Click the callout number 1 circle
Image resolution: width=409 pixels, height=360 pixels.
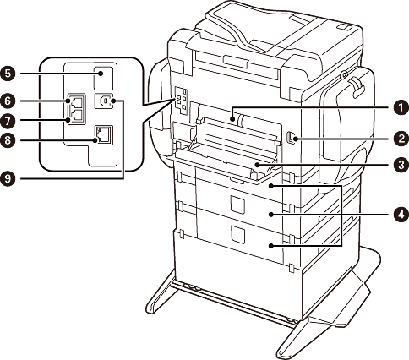pos(401,108)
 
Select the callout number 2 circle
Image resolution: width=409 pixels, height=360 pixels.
pos(401,139)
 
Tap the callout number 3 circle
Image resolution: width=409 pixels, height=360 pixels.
pos(401,165)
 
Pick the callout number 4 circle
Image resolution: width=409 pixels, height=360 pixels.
pos(401,215)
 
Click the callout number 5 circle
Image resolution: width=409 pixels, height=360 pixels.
pos(8,74)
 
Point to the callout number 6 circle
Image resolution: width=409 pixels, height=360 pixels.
pos(8,101)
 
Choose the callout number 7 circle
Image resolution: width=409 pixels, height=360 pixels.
pos(8,121)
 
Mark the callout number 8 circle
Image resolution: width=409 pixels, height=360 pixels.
pos(8,139)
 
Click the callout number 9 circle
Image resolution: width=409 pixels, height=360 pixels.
pos(8,178)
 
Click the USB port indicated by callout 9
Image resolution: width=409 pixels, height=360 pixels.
pos(105,101)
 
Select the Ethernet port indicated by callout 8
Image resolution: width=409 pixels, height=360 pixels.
pos(104,135)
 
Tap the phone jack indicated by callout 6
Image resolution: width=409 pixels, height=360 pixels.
pos(75,101)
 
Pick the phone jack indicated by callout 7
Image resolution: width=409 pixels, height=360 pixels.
pos(75,116)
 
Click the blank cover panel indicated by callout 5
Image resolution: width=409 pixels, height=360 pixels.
pos(103,78)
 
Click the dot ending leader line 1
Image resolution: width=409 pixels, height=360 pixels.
pos(232,119)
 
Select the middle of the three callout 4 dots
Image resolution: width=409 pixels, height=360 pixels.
pos(271,215)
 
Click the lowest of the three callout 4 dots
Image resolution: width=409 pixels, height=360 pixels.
pos(271,246)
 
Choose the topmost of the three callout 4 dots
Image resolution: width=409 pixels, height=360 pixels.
pos(271,186)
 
